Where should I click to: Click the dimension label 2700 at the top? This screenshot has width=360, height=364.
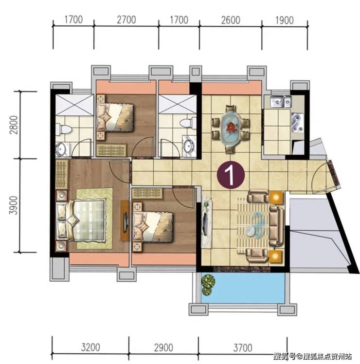pyautogui.click(x=126, y=20)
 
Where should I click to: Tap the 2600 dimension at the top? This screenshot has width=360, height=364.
pyautogui.click(x=231, y=20)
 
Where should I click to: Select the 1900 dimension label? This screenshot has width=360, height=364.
pyautogui.click(x=284, y=20)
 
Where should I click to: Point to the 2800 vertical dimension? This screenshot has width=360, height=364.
pyautogui.click(x=14, y=125)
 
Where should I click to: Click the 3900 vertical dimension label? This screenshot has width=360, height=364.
pyautogui.click(x=14, y=205)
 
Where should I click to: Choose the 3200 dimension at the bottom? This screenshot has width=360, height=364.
pyautogui.click(x=90, y=347)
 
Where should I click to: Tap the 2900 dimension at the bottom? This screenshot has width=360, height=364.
pyautogui.click(x=163, y=348)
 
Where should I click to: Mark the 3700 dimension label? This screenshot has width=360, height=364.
pyautogui.click(x=243, y=348)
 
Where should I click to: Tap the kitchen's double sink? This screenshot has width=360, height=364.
pyautogui.click(x=280, y=102)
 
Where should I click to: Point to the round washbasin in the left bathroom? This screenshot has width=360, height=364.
pyautogui.click(x=61, y=148)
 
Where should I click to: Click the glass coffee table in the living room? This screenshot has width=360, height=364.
pyautogui.click(x=254, y=224)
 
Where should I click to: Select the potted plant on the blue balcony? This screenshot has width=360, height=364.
pyautogui.click(x=208, y=285)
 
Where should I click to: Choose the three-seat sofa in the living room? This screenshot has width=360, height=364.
pyautogui.click(x=276, y=226)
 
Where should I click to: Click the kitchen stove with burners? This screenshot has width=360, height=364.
pyautogui.click(x=298, y=123)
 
